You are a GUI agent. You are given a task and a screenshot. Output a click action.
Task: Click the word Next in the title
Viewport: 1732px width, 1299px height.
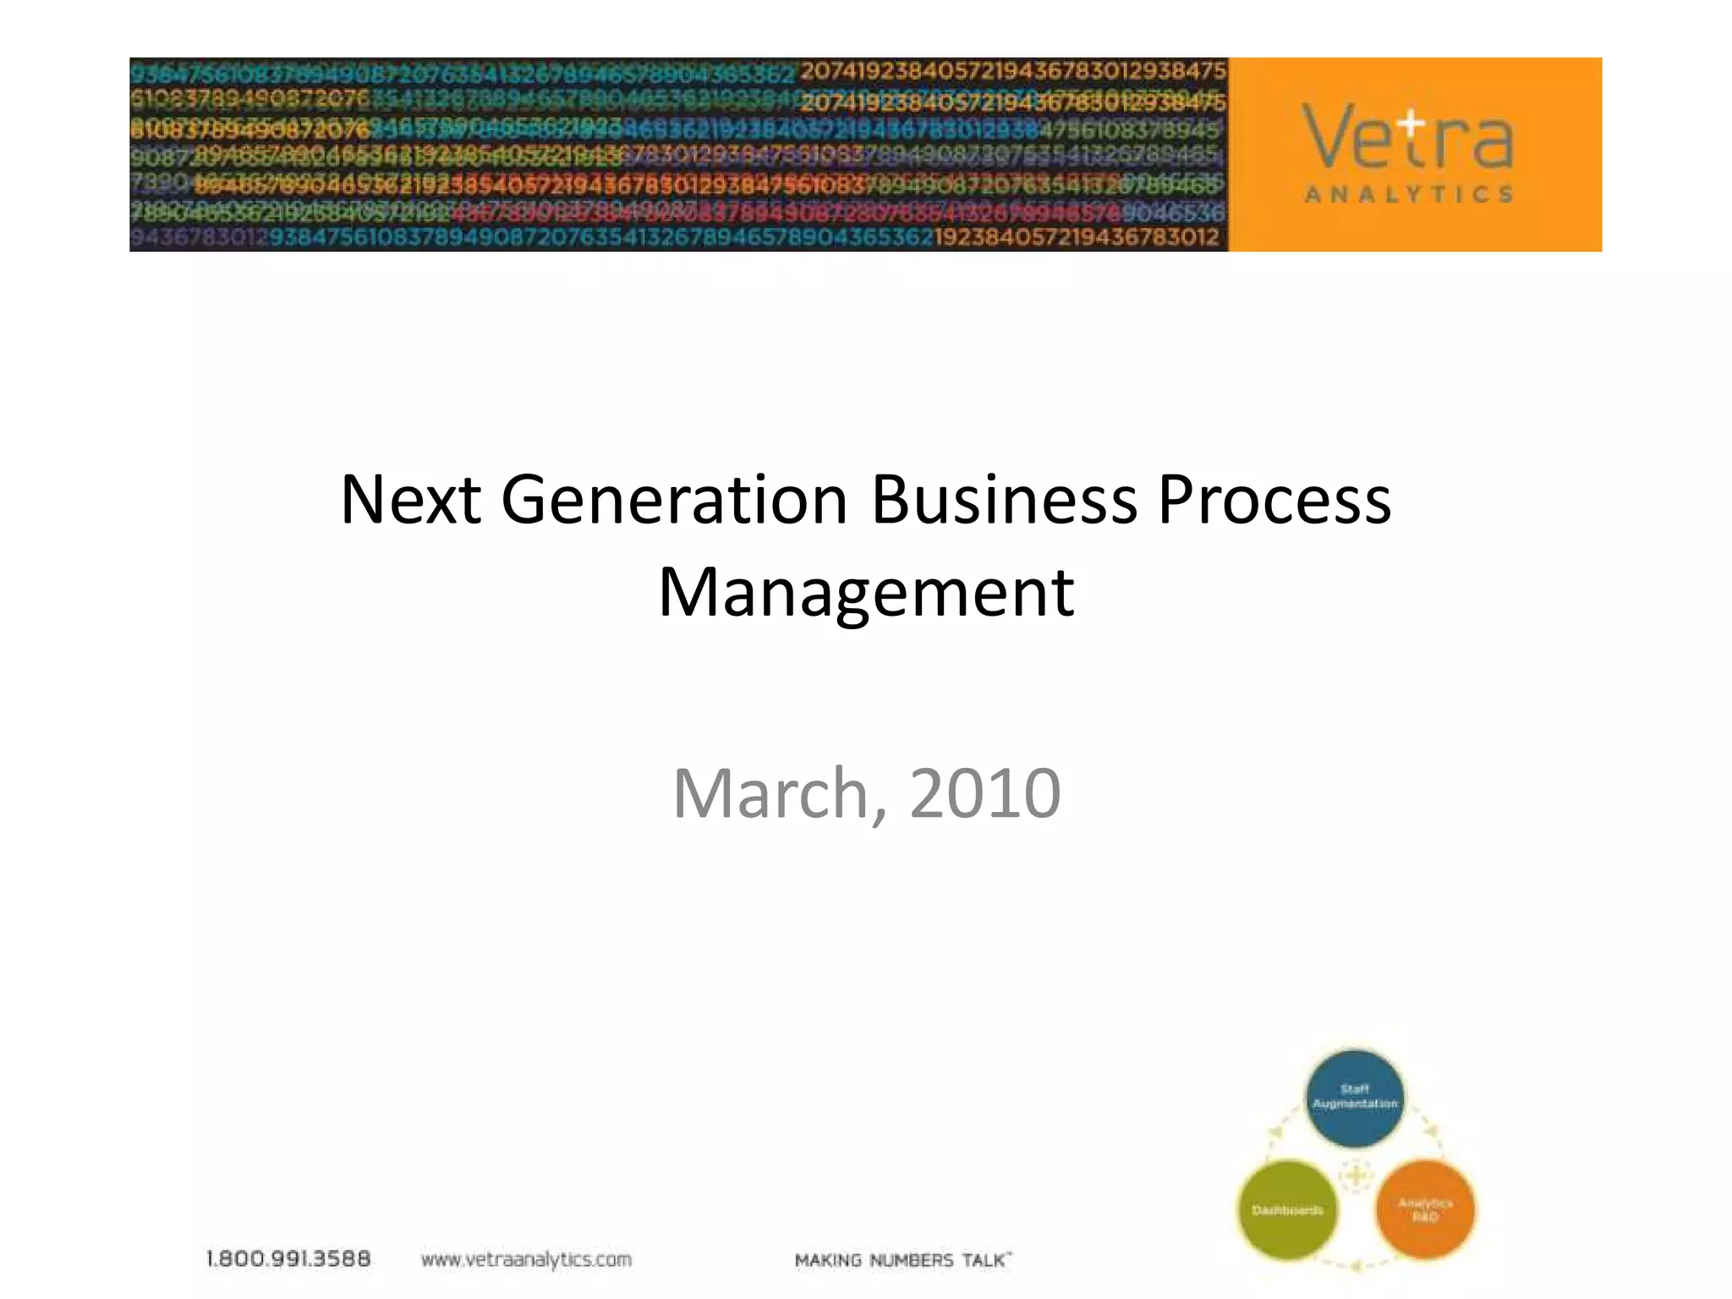[410, 500]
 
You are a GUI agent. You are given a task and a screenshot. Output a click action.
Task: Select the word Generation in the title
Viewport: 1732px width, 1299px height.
[674, 500]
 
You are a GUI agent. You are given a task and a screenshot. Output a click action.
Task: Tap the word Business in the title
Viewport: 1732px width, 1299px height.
[1003, 500]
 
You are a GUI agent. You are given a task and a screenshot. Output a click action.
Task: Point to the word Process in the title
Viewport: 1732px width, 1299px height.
[1274, 502]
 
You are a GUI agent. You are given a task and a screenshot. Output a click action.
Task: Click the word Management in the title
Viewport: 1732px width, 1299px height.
[866, 593]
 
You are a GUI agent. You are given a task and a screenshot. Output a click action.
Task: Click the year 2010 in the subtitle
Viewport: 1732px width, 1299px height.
[984, 793]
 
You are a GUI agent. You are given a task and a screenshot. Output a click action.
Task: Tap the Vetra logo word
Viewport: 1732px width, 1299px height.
[1407, 137]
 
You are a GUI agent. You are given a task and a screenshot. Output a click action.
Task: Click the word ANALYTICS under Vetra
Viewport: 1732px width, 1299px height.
[1408, 195]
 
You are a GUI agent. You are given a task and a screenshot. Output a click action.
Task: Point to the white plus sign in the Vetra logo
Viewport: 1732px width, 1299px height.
[1411, 123]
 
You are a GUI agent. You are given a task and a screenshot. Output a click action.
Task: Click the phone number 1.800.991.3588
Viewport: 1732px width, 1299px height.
[288, 1259]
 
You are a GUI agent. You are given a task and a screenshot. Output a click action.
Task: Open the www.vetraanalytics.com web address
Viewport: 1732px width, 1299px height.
[526, 1260]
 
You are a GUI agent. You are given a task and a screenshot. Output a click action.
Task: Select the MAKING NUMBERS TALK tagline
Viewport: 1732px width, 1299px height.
[902, 1260]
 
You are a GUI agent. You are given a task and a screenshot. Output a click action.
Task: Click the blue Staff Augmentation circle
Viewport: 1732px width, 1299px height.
[1355, 1097]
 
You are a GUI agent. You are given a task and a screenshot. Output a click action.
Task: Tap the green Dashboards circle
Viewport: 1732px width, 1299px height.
[1287, 1210]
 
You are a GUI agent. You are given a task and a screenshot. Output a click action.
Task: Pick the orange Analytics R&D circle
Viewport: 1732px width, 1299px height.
[1425, 1210]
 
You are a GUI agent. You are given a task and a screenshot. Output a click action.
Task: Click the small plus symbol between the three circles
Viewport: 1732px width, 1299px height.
[1356, 1176]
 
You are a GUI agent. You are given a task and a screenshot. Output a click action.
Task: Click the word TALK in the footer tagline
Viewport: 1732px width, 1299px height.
[984, 1260]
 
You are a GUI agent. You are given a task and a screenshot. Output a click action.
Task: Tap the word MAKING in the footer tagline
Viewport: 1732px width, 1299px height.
[828, 1260]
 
